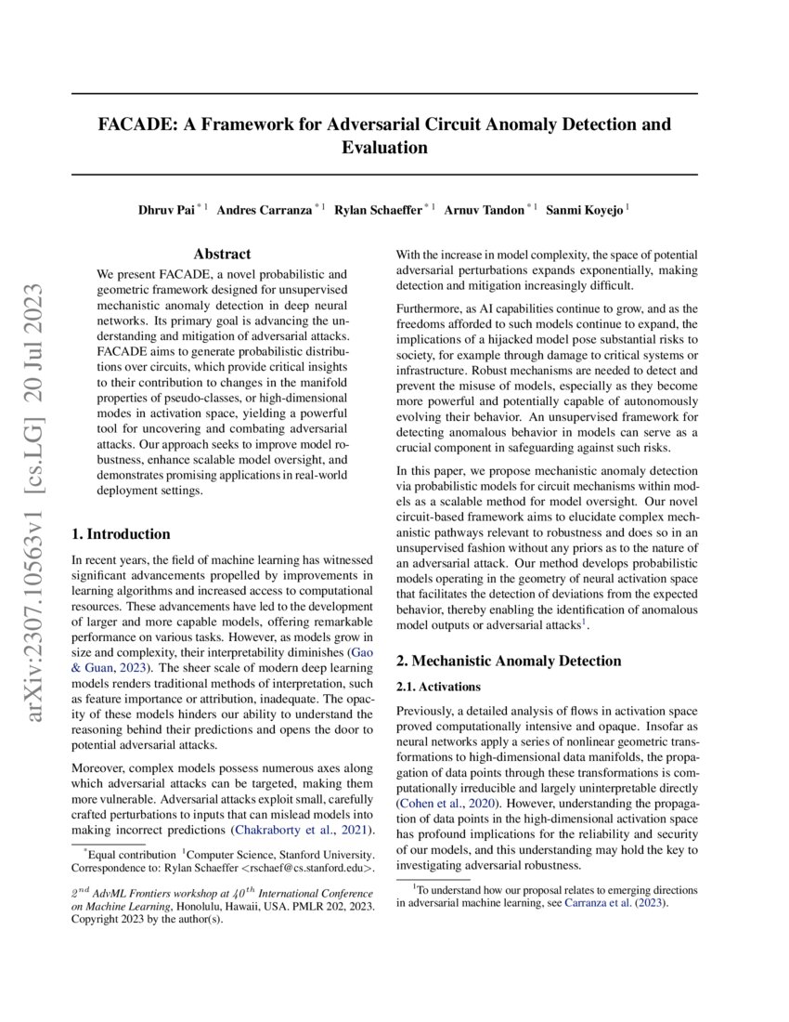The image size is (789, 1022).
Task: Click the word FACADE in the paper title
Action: click(136, 124)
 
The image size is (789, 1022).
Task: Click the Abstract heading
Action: click(222, 254)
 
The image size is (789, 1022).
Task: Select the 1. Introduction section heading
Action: click(122, 534)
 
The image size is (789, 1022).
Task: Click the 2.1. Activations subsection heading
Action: click(438, 687)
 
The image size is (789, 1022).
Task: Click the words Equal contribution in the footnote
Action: click(131, 854)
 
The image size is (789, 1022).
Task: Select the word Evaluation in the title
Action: click(384, 148)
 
